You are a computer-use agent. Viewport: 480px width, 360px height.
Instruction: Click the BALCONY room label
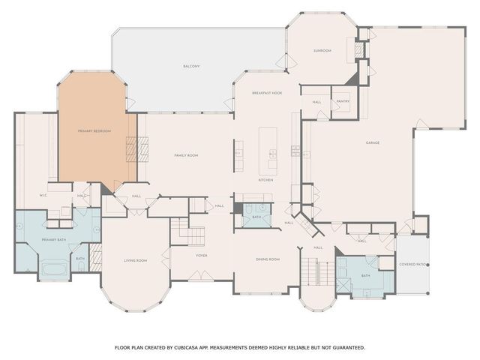pos(191,67)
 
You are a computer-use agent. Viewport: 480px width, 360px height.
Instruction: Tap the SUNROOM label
pos(322,50)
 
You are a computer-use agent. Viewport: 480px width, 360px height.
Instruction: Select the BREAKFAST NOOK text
pos(266,92)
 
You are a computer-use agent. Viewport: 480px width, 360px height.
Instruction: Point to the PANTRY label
pos(343,101)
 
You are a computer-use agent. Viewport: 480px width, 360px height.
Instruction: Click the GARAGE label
pos(373,142)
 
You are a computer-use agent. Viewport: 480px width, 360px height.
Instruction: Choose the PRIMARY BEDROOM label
pos(94,131)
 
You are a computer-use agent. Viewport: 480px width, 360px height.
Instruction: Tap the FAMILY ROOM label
pos(186,155)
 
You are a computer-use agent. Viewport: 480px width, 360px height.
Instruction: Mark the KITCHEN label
pos(265,180)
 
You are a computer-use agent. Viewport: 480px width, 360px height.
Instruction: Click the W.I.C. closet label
pos(43,196)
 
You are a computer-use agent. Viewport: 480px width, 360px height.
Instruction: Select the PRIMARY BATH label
pos(55,239)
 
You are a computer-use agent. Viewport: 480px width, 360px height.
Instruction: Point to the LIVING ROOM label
pos(135,260)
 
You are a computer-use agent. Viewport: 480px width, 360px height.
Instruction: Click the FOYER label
pos(202,255)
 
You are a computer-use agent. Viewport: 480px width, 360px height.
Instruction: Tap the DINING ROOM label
pos(268,259)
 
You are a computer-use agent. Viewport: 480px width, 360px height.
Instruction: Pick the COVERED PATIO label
pos(412,264)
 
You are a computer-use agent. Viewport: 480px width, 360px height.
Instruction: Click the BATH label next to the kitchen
pos(256,217)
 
